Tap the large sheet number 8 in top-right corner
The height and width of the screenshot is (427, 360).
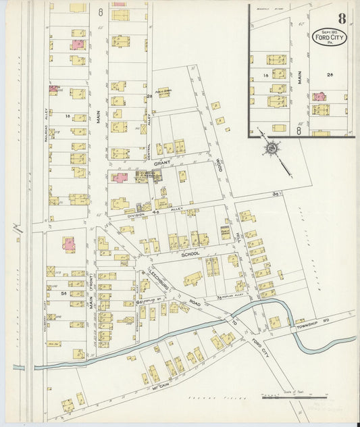coord(342,18)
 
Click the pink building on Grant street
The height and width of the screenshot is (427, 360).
coord(120,178)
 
